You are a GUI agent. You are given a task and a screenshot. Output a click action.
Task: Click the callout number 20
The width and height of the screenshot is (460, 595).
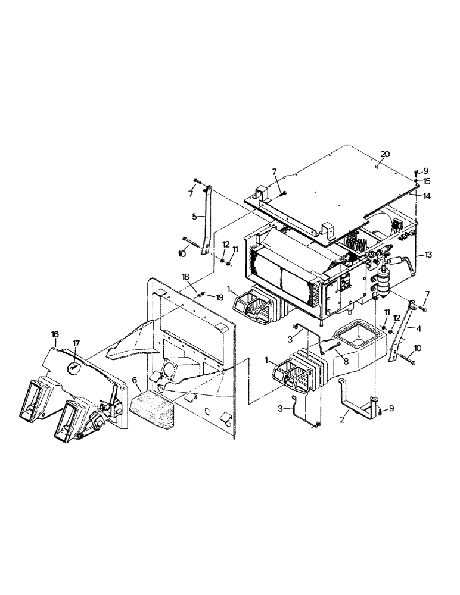[x=386, y=154]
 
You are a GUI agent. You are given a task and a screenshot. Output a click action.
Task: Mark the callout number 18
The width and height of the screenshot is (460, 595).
[x=186, y=277]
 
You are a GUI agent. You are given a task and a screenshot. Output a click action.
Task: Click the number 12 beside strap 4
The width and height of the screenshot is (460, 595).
[x=397, y=318]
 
